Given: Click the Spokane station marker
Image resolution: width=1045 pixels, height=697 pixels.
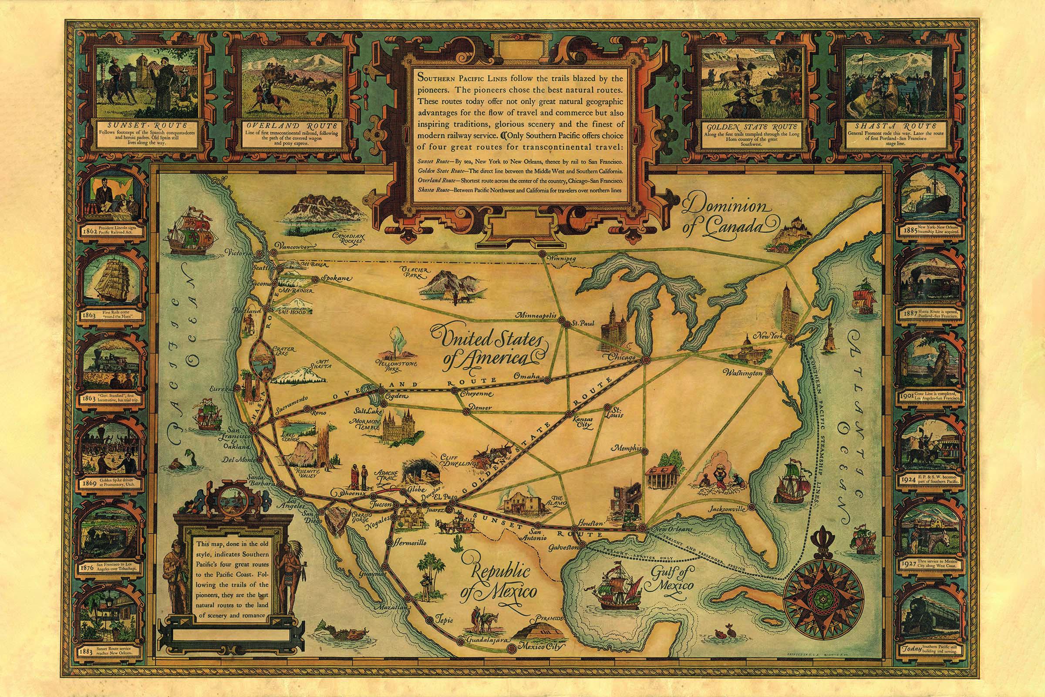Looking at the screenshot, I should pos(314,280).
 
